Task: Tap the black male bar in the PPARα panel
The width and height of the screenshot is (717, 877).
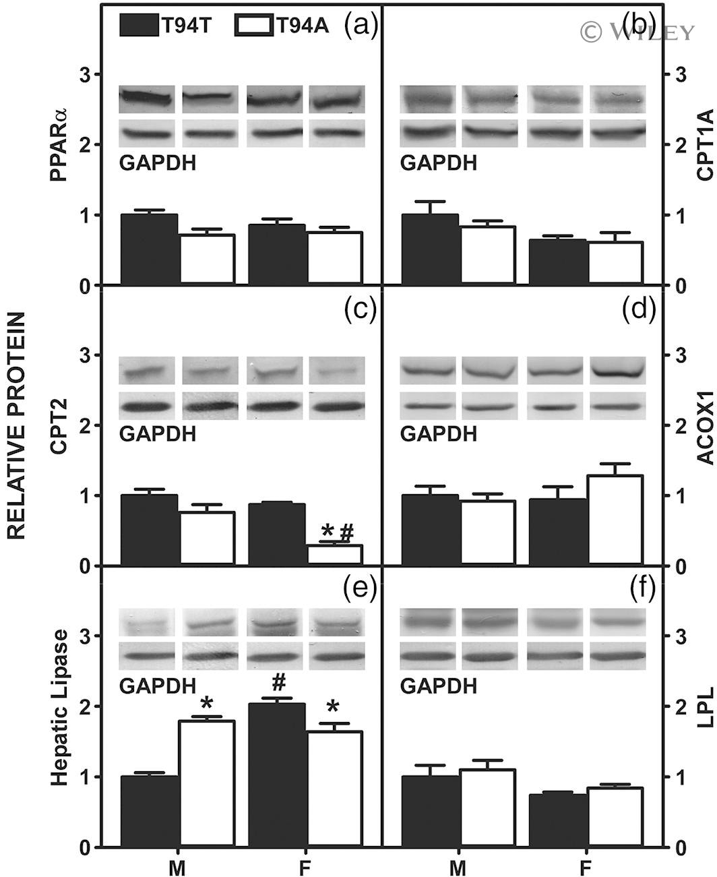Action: click(x=149, y=249)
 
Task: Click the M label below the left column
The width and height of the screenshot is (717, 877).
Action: click(x=177, y=866)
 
